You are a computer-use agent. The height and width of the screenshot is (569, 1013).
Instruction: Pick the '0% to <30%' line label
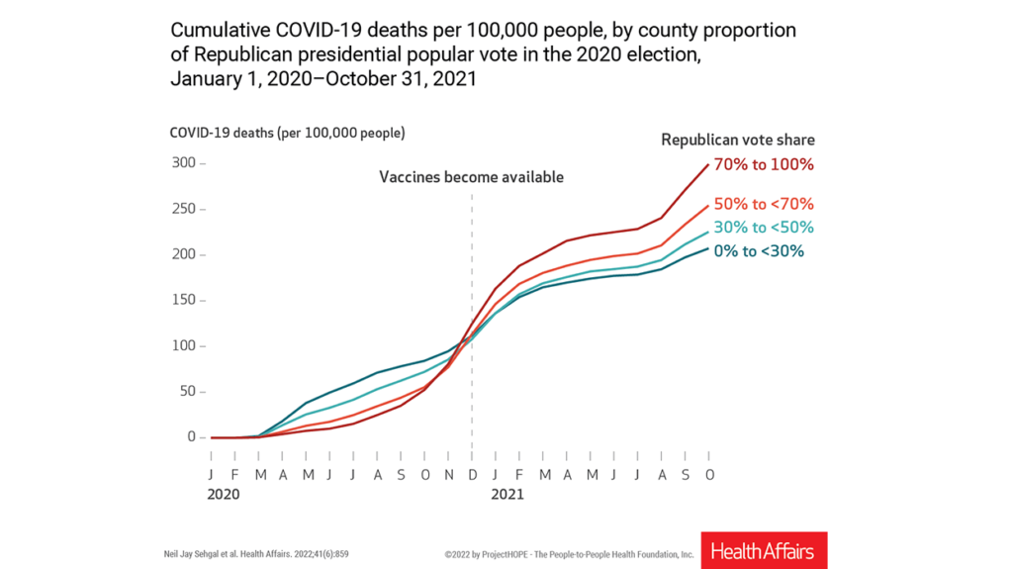point(760,251)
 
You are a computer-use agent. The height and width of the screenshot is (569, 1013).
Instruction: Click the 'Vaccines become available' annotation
point(471,177)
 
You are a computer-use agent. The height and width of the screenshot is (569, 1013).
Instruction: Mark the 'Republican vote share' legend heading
point(738,141)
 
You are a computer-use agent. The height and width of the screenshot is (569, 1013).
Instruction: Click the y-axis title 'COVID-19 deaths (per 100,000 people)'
point(286,133)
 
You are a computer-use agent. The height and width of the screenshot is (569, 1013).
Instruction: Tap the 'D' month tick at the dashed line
point(472,474)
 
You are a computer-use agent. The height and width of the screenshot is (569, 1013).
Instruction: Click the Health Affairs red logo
point(764,550)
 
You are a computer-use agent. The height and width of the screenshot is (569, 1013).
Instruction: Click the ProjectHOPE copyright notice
point(569,554)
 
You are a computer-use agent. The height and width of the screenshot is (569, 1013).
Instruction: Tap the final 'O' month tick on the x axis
point(709,474)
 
